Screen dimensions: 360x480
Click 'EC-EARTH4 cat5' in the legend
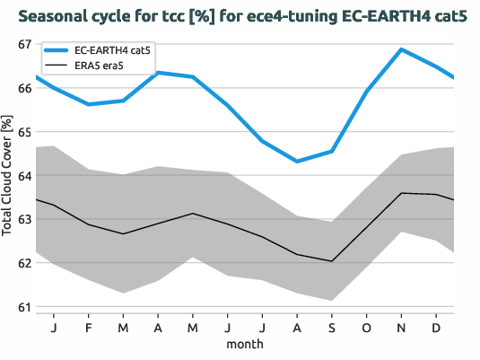pos(112,51)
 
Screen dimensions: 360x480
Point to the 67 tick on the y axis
pos(23,45)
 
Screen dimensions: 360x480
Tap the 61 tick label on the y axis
pos(23,307)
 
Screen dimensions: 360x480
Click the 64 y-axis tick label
pos(23,176)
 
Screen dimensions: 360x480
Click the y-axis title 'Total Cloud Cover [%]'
pos(8,176)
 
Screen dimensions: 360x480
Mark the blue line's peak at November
pos(401,49)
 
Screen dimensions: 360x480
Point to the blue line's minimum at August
pos(297,162)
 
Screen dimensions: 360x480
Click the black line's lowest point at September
pos(332,261)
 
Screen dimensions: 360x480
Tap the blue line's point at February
pos(88,104)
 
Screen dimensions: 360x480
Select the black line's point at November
pos(401,193)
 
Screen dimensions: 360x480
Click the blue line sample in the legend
pos(57,51)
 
